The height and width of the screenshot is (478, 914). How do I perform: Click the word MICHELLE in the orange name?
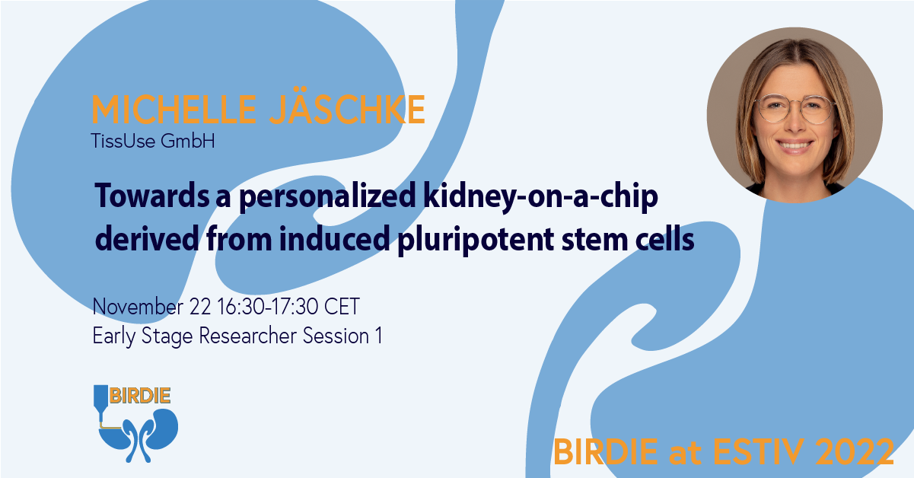[x=174, y=109]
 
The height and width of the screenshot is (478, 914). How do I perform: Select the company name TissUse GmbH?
[x=153, y=141]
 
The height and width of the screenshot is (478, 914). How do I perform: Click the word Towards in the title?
[x=152, y=196]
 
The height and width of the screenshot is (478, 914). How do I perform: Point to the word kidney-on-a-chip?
[x=540, y=198]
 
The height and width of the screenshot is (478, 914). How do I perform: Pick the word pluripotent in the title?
[x=476, y=241]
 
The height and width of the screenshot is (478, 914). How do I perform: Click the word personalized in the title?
[x=327, y=198]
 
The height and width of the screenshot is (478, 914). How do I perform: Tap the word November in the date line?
[x=138, y=306]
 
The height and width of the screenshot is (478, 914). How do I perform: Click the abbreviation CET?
[x=342, y=307]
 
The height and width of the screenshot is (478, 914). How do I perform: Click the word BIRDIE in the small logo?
[x=140, y=396]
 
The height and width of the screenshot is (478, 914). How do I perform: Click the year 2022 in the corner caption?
[x=853, y=452]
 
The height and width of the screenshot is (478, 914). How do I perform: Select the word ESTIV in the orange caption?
[x=759, y=452]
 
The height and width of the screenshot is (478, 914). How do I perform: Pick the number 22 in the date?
[x=200, y=307]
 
